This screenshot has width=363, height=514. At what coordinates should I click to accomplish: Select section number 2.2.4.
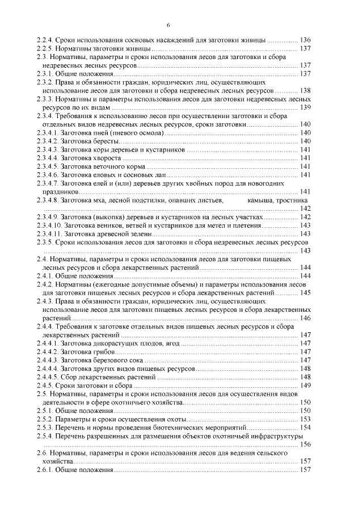[x=44, y=40]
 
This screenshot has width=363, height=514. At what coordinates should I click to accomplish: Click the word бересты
[x=105, y=141]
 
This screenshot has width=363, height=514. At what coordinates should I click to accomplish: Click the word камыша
[x=261, y=200]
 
